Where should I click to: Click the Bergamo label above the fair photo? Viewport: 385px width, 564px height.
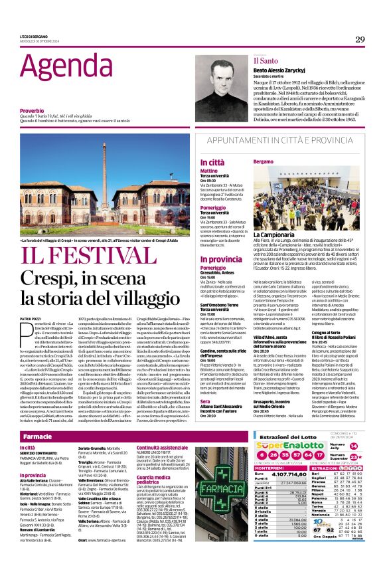click(263, 161)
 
